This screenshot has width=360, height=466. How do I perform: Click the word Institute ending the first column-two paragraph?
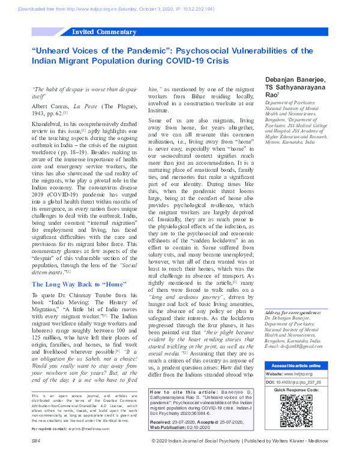tap(160, 110)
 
